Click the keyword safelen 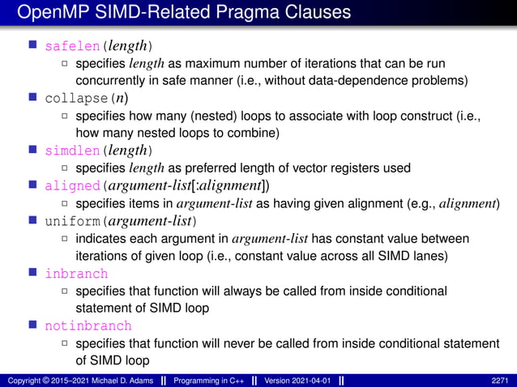pyautogui.click(x=70, y=45)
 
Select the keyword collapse pyautogui.click(x=74, y=99)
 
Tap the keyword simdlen pyautogui.click(x=70, y=151)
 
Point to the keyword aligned pyautogui.click(x=70, y=185)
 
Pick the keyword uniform pyautogui.click(x=70, y=221)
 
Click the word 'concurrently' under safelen pyautogui.click(x=111, y=80)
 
